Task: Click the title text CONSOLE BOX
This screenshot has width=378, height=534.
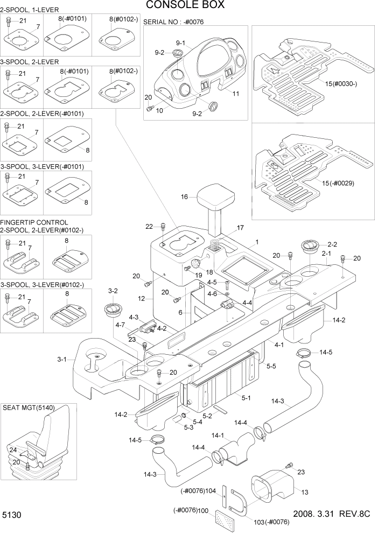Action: click(185, 6)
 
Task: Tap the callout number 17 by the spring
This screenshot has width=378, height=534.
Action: click(240, 228)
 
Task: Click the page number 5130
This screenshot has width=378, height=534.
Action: click(12, 515)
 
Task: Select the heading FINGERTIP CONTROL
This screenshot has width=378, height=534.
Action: click(34, 222)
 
